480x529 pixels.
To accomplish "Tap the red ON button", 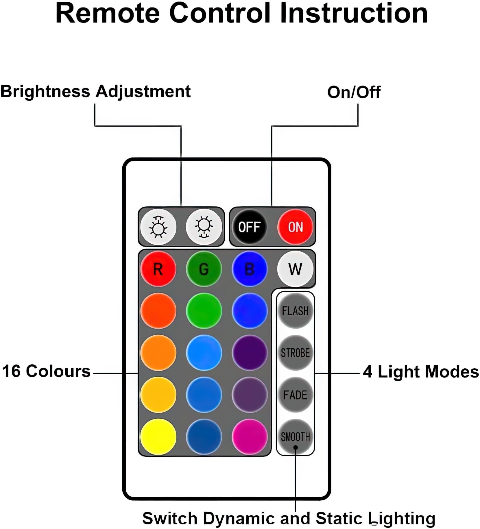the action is point(295,227).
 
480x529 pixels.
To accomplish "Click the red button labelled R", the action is point(158,269).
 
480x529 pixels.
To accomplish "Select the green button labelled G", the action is point(204,269).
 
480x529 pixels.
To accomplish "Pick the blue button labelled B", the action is point(250,269).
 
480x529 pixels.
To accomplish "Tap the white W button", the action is point(295,269).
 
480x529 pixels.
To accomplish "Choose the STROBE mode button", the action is point(295,353).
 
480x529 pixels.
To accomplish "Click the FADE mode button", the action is point(295,395).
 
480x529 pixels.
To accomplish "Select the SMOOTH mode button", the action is point(295,436).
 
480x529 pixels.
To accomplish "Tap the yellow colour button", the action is point(158,436).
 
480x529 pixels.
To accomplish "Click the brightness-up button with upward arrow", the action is point(158,227).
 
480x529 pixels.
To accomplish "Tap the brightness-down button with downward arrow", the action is point(204,227).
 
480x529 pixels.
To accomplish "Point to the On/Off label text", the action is point(354,93).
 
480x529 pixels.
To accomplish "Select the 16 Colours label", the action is point(46,371).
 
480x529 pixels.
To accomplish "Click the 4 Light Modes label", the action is point(421,372).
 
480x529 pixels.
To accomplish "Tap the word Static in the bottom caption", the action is point(339,518).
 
